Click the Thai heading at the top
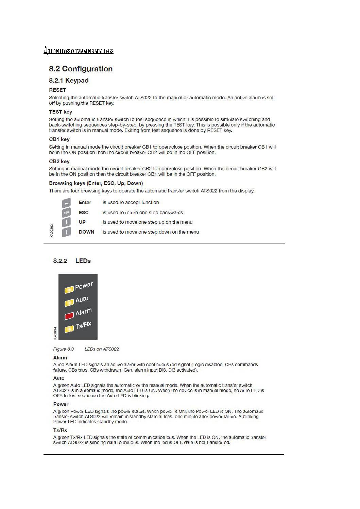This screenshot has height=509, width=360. [x=79, y=51]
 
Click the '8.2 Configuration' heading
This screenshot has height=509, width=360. [x=81, y=69]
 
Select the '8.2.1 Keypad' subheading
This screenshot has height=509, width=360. [x=69, y=81]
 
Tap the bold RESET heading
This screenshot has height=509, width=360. [x=57, y=90]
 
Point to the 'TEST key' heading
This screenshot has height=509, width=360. [x=61, y=112]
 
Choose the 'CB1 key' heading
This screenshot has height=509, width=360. [x=59, y=139]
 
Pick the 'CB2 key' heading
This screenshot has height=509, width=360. [x=59, y=162]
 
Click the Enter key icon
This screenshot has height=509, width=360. [x=66, y=203]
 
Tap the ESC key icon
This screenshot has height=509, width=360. [x=66, y=213]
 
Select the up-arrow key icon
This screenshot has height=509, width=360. [x=67, y=222]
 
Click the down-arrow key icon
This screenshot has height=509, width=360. [x=67, y=232]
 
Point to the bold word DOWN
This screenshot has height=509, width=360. [x=86, y=232]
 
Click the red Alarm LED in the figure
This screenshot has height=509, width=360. [x=69, y=316]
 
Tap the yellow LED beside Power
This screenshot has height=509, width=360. [x=69, y=290]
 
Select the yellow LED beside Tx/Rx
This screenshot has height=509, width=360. [x=69, y=328]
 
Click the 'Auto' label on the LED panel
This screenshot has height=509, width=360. [x=82, y=300]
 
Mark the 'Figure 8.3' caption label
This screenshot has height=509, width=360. [x=64, y=349]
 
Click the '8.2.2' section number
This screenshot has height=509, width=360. [x=60, y=261]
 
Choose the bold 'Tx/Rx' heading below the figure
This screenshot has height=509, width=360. [x=60, y=430]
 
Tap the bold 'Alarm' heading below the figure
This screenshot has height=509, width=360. [x=60, y=358]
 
